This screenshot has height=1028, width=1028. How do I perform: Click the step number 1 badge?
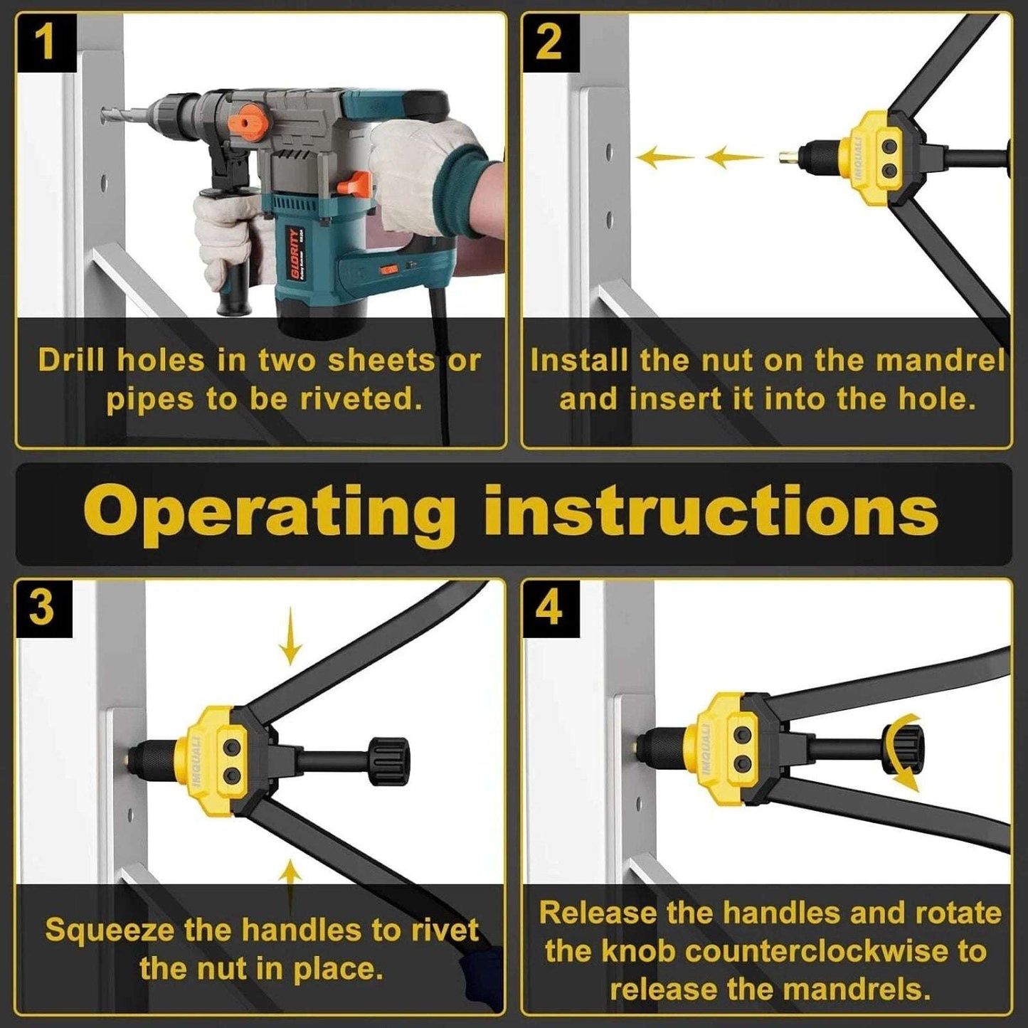click(x=46, y=42)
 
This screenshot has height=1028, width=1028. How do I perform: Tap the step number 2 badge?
click(x=548, y=42)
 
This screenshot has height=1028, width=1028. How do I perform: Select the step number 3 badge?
click(x=43, y=608)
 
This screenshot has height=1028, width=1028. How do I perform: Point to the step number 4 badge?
click(x=548, y=608)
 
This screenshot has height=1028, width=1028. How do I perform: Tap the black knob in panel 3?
click(x=388, y=761)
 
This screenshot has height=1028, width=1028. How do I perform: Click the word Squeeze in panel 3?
click(x=110, y=931)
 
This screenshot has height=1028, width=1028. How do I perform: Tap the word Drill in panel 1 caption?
click(x=73, y=361)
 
